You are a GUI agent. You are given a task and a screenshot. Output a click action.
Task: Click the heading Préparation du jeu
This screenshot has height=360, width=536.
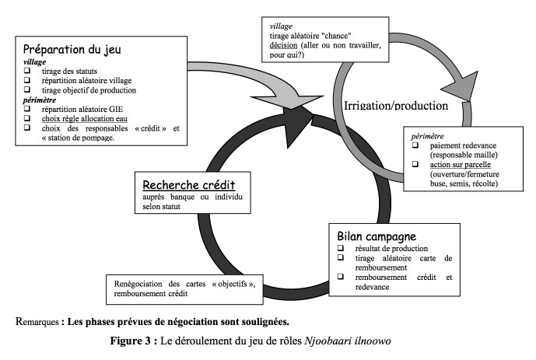click(x=72, y=50)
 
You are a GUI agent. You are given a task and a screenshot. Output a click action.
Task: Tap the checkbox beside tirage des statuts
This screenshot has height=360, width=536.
click(x=27, y=71)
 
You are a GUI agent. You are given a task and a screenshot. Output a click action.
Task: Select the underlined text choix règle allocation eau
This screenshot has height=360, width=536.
click(x=85, y=119)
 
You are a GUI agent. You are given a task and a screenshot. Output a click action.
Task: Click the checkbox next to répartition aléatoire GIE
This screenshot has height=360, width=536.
click(x=27, y=109)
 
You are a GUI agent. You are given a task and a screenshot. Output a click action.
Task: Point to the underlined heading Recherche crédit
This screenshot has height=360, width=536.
click(x=189, y=185)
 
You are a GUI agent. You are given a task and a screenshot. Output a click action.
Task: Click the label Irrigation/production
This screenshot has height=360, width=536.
click(x=396, y=106)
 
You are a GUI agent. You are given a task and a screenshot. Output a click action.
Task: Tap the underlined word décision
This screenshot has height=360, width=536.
click(x=283, y=45)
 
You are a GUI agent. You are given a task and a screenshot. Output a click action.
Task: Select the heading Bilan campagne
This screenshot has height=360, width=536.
click(x=377, y=236)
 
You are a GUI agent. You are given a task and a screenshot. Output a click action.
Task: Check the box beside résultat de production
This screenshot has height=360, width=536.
click(x=341, y=248)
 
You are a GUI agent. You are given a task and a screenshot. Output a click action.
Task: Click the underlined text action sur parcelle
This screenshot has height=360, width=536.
click(x=461, y=165)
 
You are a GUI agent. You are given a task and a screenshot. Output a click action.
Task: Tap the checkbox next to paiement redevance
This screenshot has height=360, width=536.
click(x=415, y=145)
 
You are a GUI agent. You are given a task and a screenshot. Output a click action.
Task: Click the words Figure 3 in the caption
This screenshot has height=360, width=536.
click(x=130, y=341)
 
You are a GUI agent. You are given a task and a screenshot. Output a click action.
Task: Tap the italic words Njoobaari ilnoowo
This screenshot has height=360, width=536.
click(x=348, y=341)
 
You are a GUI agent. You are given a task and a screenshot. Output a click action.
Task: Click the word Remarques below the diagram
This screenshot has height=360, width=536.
click(x=37, y=322)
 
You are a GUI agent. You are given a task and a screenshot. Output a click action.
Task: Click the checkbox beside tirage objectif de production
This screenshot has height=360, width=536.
click(x=27, y=90)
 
